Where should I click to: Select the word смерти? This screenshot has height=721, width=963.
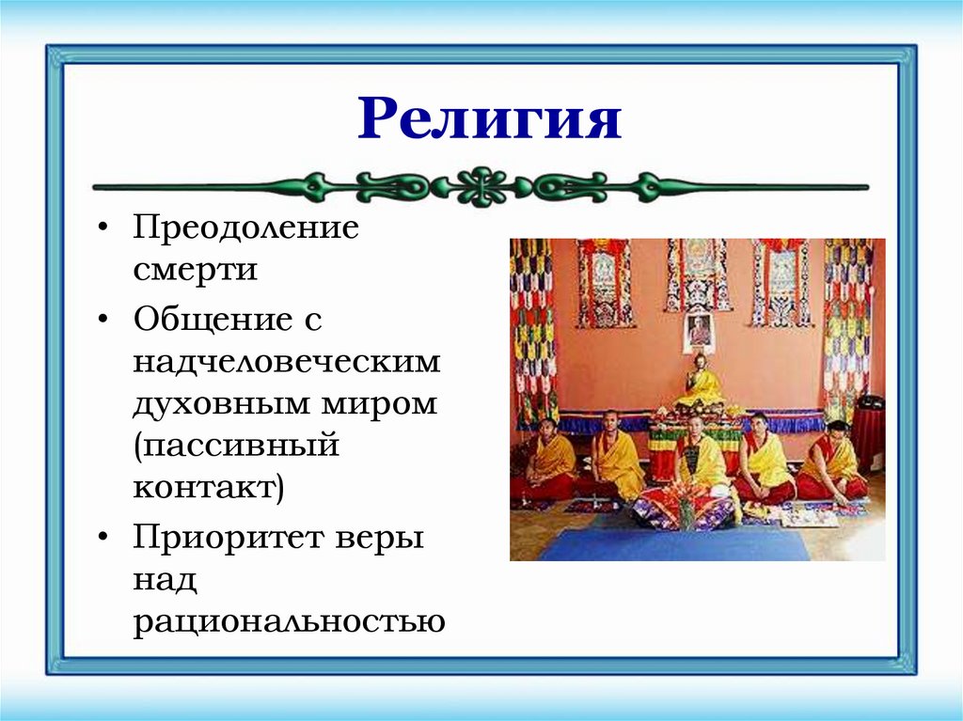(195, 271)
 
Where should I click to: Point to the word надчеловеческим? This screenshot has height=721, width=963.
(286, 362)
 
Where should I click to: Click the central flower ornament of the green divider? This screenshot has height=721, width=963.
(481, 186)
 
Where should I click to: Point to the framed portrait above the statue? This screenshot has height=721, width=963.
(698, 330)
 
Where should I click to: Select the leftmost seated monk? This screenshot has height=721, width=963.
(547, 461)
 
